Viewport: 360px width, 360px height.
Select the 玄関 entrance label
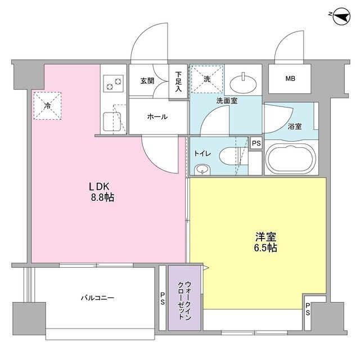pos(147,80)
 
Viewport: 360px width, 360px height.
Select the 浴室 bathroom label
pos(295,126)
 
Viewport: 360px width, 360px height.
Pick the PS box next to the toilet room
pos(256,143)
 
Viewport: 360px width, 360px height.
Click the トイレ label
pos(203,152)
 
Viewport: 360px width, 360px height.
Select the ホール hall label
pos(156,116)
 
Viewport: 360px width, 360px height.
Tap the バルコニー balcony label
pos(97,298)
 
